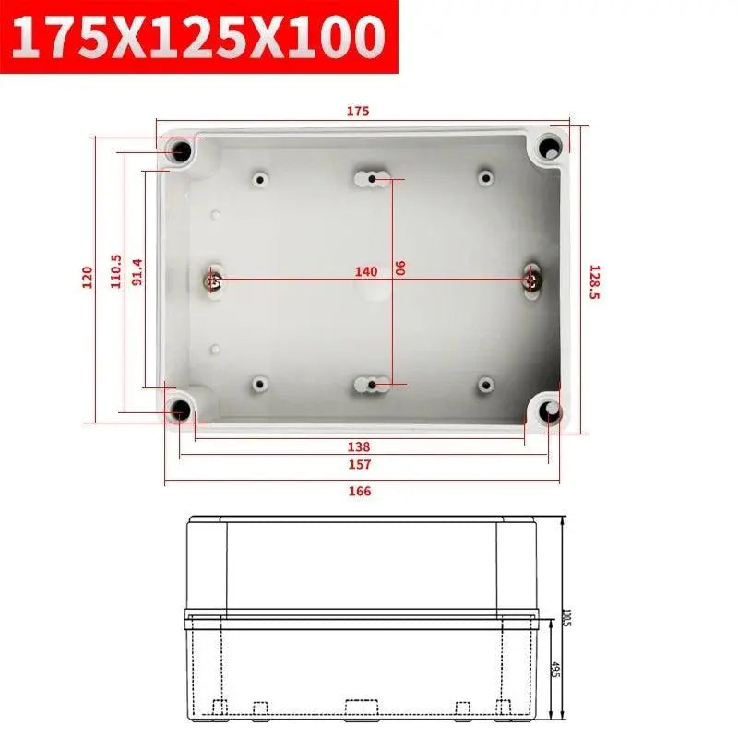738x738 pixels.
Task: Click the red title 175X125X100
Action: click(x=198, y=38)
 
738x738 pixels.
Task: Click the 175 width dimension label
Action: click(x=358, y=112)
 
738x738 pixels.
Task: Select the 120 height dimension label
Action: click(x=88, y=278)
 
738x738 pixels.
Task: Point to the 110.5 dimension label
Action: click(x=115, y=272)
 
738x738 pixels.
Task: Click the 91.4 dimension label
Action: click(x=137, y=272)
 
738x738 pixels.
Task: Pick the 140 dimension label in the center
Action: click(x=366, y=271)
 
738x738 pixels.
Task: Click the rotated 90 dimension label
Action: click(x=400, y=268)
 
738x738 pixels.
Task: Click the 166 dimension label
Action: click(x=360, y=492)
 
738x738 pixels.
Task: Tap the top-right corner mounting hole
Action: click(x=550, y=146)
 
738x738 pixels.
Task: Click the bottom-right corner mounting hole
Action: click(x=551, y=411)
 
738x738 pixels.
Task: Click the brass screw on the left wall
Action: click(x=213, y=279)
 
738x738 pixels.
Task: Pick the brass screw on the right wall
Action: click(x=531, y=277)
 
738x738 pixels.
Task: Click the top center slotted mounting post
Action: click(x=372, y=177)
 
